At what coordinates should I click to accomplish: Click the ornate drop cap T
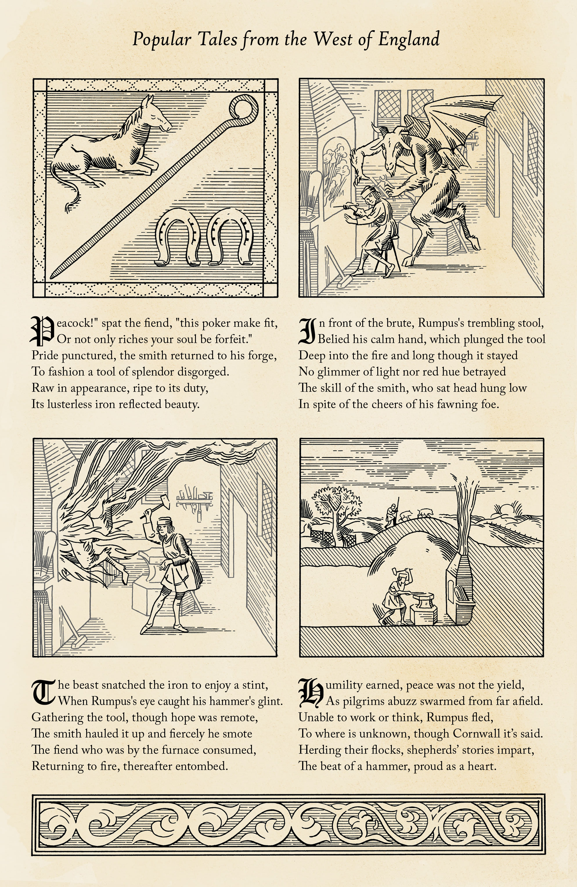pyautogui.click(x=43, y=693)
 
